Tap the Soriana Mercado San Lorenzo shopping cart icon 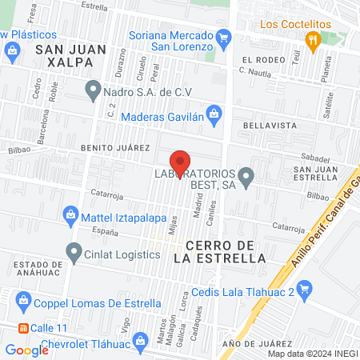(x=225, y=37)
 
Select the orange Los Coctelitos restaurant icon (x=314, y=39)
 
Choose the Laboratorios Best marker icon (x=246, y=175)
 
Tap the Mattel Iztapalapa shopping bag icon (x=70, y=215)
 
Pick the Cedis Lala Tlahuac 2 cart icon (x=303, y=289)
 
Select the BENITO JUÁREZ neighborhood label (x=115, y=148)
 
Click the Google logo (x=26, y=350)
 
